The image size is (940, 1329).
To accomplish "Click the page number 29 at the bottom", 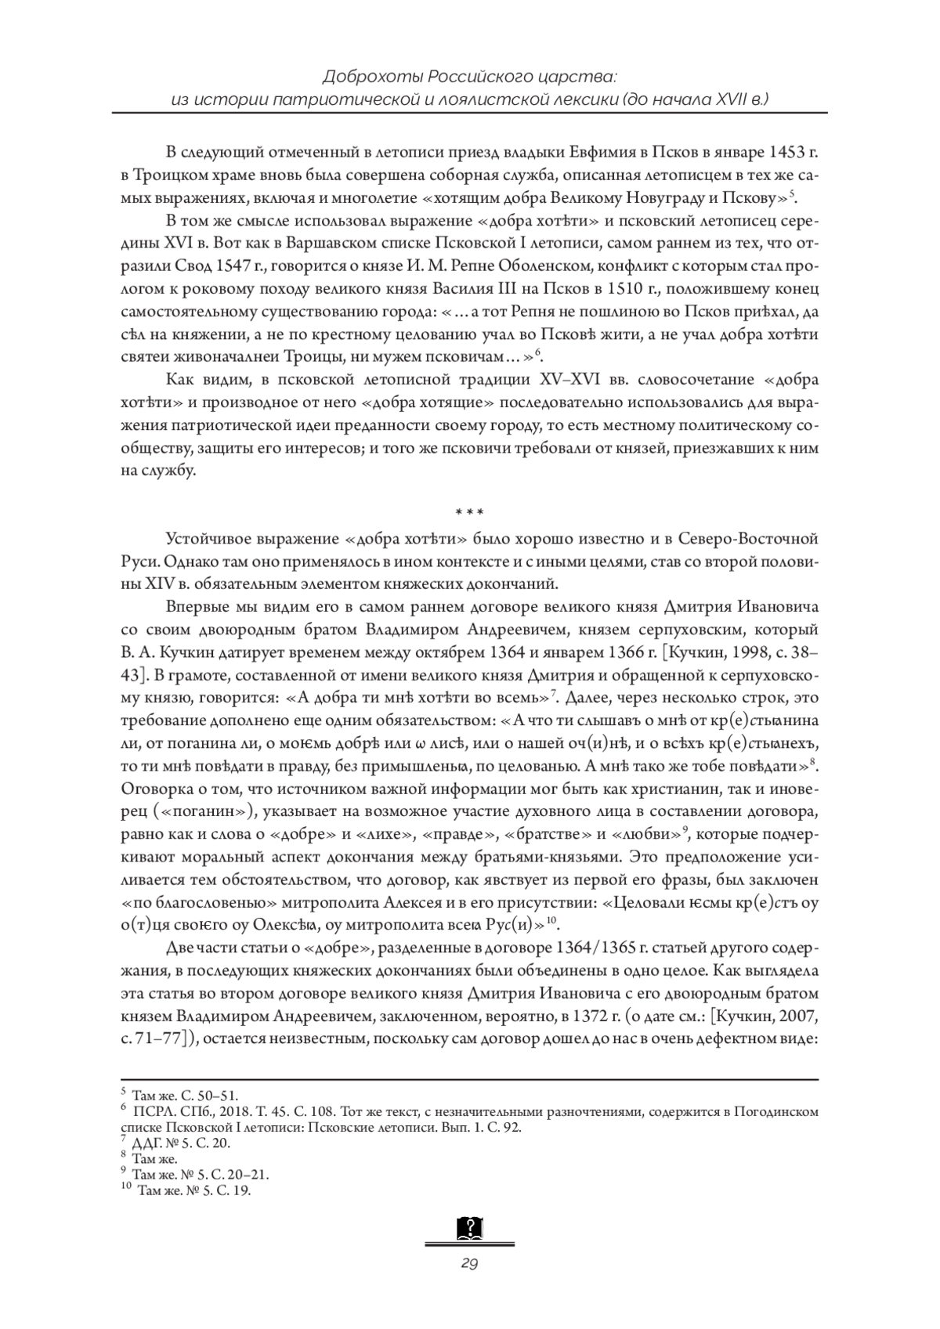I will click(x=470, y=1263).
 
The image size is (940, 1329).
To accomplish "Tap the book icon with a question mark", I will click(x=470, y=1228).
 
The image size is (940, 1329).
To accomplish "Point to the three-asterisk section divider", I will click(x=470, y=513).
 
